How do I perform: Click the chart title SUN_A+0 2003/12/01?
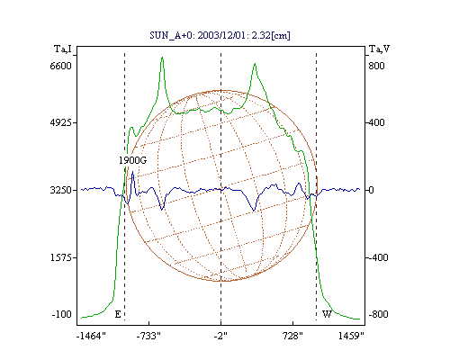(220, 35)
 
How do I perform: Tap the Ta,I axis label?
(63, 49)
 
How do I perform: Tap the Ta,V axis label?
(379, 49)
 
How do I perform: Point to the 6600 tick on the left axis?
(60, 66)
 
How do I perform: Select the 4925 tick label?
(60, 122)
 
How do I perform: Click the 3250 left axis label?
(60, 190)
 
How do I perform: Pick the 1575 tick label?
(60, 257)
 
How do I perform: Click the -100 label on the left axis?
(61, 314)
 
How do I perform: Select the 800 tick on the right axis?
(376, 66)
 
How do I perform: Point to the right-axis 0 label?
(371, 190)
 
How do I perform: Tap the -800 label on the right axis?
(378, 314)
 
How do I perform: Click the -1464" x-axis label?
(91, 336)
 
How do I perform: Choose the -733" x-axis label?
(148, 336)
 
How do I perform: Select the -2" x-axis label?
(220, 336)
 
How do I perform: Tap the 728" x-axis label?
(292, 336)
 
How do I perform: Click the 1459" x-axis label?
(351, 336)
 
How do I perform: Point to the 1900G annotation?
(132, 160)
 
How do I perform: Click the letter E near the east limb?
(118, 314)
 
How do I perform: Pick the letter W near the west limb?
(327, 314)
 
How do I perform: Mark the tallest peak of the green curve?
(162, 58)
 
